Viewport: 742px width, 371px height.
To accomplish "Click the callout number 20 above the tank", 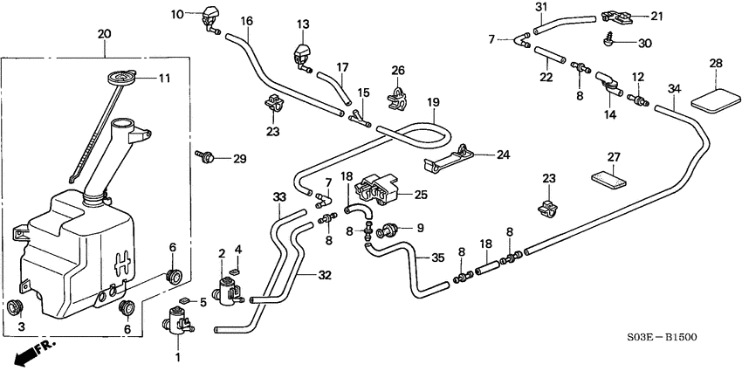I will tap(105, 34).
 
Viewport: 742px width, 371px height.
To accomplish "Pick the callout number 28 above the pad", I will tap(716, 64).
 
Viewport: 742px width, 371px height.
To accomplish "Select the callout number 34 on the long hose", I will tap(673, 89).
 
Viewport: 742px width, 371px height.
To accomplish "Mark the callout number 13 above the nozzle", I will tap(303, 24).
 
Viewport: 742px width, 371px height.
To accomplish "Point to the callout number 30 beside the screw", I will tap(643, 44).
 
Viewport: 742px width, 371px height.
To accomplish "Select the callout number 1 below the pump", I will tap(180, 357).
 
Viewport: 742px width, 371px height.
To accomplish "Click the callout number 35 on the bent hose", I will tap(438, 258).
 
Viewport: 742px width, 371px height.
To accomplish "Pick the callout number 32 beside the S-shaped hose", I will tap(325, 275).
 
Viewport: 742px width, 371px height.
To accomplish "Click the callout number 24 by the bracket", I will tap(503, 155).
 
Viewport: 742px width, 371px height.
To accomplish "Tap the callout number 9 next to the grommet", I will tap(420, 230).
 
